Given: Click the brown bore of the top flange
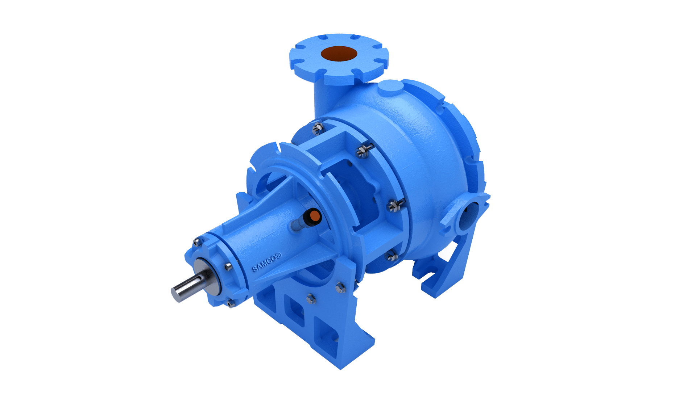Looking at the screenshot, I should pos(339,54).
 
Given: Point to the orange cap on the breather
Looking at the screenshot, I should pos(315,216).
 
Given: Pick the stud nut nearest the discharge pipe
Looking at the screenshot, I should pos(318,127).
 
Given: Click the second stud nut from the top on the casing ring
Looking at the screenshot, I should pos(363,151).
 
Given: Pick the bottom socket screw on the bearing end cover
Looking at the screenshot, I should pos(230,303).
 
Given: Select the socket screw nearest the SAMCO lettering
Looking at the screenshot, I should pos(228,267).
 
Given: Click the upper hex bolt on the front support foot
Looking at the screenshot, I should pos(340,288).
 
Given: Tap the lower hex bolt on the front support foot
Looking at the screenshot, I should pos(311,299).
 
